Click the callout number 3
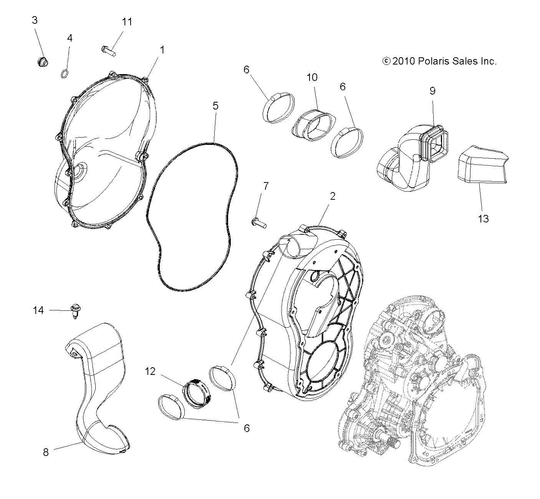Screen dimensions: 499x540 [x=35, y=20]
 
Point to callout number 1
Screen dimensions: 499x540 [x=162, y=50]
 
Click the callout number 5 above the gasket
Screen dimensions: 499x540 [x=215, y=106]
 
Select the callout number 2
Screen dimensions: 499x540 [x=333, y=196]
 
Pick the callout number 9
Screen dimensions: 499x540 [x=432, y=91]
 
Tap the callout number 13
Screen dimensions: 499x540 [x=483, y=219]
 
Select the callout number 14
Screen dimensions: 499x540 [x=38, y=310]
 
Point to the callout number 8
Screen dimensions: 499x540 [x=46, y=453]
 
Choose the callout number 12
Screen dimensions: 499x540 [x=150, y=371]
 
